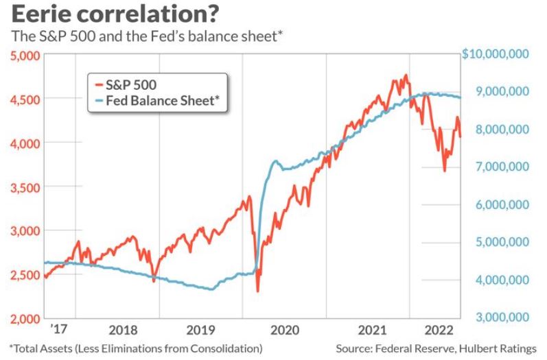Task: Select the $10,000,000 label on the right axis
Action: [x=495, y=54]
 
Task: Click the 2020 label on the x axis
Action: [x=284, y=330]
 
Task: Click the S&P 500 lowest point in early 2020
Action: [x=258, y=291]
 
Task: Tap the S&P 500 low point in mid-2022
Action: [x=444, y=171]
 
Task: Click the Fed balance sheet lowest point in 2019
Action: [x=210, y=289]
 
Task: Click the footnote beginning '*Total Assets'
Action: [x=136, y=348]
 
